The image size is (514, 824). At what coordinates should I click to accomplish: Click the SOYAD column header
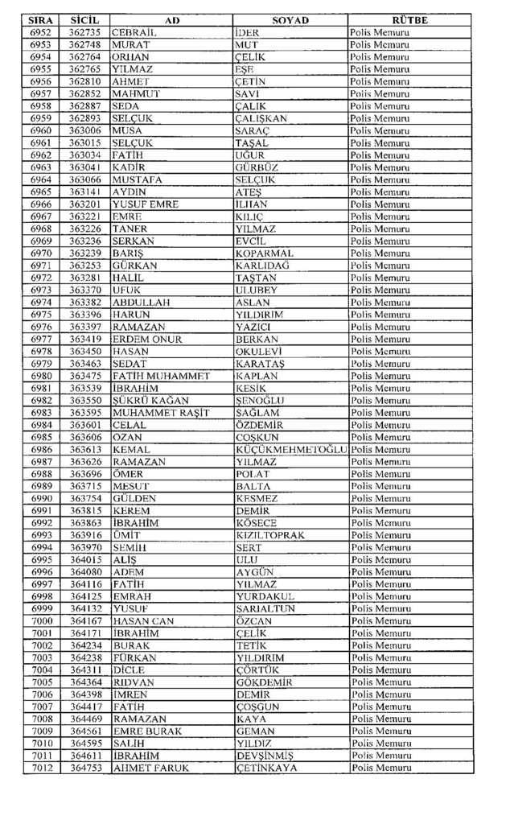tap(290, 20)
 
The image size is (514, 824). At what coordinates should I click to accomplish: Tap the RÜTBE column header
tap(409, 20)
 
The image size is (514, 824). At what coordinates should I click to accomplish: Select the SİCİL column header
tap(84, 20)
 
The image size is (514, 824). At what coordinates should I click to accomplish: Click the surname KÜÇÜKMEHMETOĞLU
tap(291, 449)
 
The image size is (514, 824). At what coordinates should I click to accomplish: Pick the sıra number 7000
tap(42, 621)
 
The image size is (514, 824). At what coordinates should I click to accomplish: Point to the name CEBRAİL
tap(134, 32)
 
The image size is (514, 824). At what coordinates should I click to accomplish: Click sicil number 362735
tap(84, 32)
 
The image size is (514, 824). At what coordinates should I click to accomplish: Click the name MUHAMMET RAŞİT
tap(161, 412)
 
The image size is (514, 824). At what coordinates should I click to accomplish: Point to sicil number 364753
tap(84, 768)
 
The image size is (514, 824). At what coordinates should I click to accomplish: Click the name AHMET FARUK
tap(151, 768)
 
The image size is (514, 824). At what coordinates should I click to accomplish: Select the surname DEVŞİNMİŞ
tap(265, 756)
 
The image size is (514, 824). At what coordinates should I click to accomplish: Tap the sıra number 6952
tap(42, 32)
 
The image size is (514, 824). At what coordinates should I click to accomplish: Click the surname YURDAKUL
tap(265, 596)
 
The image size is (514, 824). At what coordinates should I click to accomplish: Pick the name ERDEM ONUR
tap(147, 339)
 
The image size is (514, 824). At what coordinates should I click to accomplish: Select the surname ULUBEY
tap(256, 290)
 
